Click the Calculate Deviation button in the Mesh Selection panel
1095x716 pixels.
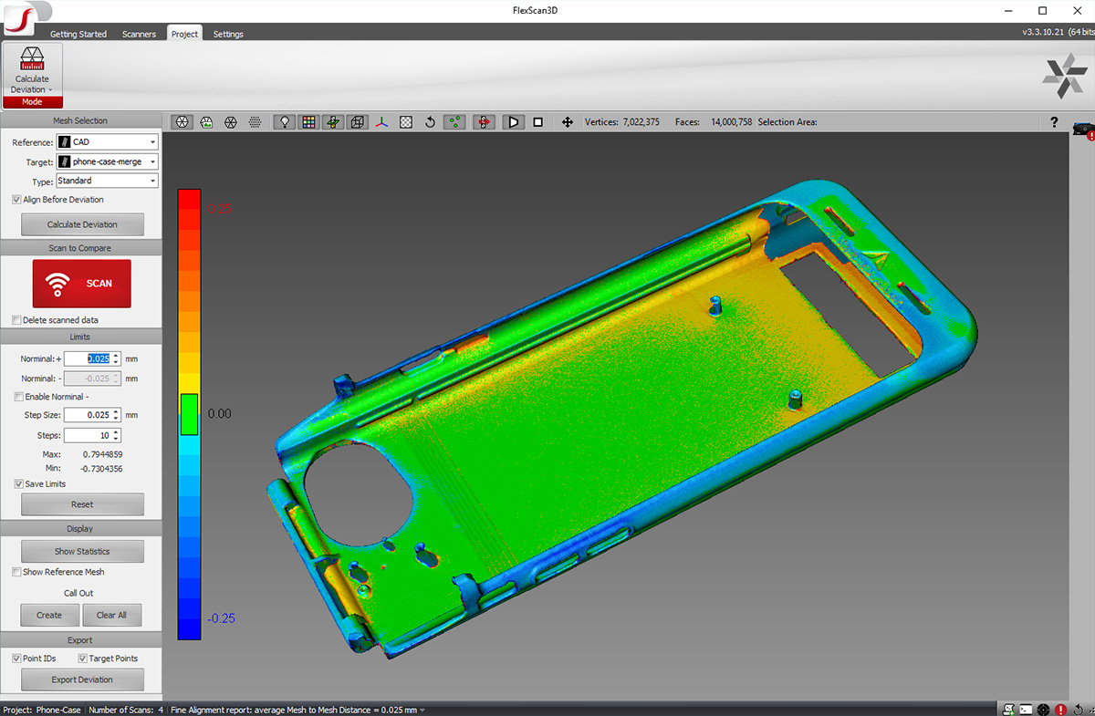[x=82, y=224]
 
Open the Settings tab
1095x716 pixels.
[x=228, y=34]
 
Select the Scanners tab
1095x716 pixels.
[x=139, y=34]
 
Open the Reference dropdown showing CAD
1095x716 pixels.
[x=107, y=142]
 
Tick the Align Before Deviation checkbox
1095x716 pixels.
[x=16, y=200]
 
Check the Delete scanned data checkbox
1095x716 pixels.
[x=16, y=320]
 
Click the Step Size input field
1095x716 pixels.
[x=88, y=415]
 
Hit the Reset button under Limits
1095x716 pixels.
[x=82, y=504]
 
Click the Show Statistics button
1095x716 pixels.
[x=82, y=551]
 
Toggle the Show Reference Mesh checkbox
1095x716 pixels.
[x=16, y=572]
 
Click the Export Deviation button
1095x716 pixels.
[x=82, y=680]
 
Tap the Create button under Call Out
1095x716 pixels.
[x=49, y=615]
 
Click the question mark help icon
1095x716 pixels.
[x=1054, y=122]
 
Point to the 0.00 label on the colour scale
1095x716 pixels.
[x=219, y=413]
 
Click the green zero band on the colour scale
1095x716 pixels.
[x=189, y=414]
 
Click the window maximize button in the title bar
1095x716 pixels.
[x=1042, y=10]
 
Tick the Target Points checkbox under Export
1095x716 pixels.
[x=82, y=659]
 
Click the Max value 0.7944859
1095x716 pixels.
[x=102, y=454]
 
